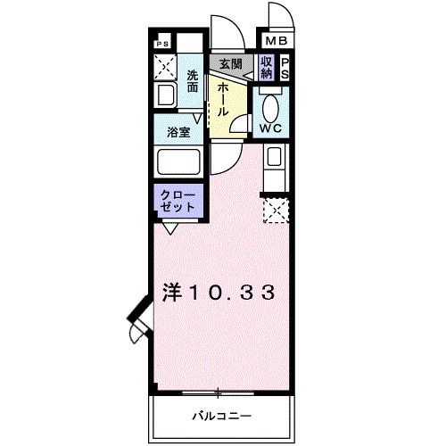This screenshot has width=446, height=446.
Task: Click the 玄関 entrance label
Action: [x=230, y=64]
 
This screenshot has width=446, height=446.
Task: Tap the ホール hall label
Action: [x=220, y=96]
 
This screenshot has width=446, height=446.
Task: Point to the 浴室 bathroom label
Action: [x=178, y=132]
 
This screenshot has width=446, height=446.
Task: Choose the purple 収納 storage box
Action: [x=266, y=67]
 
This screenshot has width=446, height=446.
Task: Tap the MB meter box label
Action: [x=274, y=41]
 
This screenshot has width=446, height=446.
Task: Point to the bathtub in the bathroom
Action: [x=178, y=162]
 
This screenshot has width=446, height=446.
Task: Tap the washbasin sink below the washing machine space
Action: [x=164, y=95]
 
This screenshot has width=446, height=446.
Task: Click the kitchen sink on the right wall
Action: [x=274, y=161]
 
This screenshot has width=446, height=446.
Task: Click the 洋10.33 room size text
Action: [x=217, y=293]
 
